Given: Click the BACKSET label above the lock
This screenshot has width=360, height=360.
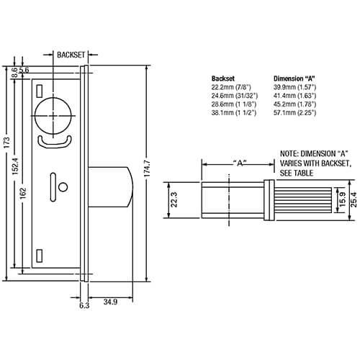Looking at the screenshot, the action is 71,55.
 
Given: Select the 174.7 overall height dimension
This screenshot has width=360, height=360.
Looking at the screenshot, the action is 147,168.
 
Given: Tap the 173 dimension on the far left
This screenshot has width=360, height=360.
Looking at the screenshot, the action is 7,143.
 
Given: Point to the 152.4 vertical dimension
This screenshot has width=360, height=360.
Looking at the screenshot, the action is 15,165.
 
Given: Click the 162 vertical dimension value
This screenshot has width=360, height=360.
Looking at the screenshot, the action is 23,194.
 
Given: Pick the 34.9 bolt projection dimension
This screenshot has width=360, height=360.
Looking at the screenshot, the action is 110,302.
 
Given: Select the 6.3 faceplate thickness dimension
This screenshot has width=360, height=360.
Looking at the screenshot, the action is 84,305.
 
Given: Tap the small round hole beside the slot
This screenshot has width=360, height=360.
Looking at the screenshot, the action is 63,187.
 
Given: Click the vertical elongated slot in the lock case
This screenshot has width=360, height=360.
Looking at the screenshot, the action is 53,187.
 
